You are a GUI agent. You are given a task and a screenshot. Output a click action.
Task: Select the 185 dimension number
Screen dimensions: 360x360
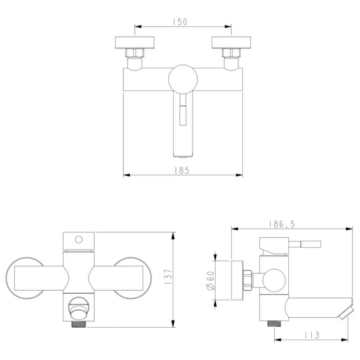pos(183,170)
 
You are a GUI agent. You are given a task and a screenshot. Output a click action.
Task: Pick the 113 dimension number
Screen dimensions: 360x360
pos(311,335)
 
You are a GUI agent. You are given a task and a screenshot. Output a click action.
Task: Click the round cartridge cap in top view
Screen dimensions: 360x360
pos(183,79)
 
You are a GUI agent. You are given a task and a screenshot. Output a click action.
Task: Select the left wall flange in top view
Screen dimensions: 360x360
pos(135,42)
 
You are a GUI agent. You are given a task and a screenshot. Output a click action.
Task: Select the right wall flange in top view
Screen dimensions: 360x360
pos(231,42)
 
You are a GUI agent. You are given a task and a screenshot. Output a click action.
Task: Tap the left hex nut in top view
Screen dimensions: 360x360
pos(135,53)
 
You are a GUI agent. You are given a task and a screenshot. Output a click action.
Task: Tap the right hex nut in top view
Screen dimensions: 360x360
pos(231,53)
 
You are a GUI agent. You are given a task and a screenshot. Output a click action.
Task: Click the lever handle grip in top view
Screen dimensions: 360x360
pos(183,114)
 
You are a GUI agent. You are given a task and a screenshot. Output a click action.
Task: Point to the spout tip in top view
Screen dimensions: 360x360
pos(183,156)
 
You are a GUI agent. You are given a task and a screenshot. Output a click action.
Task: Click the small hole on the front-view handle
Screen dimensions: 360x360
pos(79,239)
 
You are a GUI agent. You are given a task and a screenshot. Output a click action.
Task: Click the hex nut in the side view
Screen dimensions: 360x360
pos(247,280)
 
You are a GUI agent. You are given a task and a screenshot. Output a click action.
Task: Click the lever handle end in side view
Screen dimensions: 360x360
pos(311,245)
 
